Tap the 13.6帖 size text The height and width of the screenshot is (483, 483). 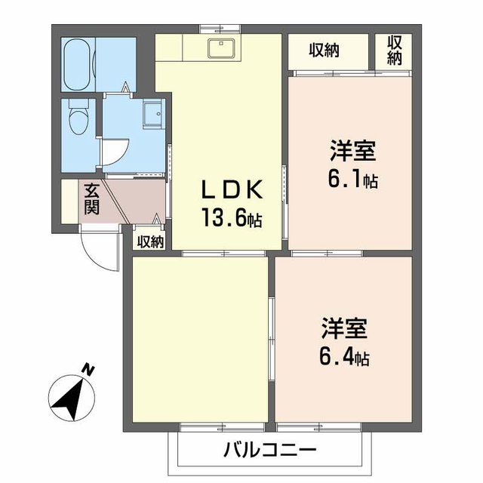pyautogui.click(x=231, y=219)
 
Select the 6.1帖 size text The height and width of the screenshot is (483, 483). pyautogui.click(x=352, y=180)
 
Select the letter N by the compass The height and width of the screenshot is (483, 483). pyautogui.click(x=89, y=370)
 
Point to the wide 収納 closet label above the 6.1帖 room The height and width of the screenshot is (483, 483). pyautogui.click(x=324, y=51)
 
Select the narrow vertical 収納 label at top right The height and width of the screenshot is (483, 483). pyautogui.click(x=395, y=50)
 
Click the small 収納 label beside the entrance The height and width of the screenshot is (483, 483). pyautogui.click(x=151, y=241)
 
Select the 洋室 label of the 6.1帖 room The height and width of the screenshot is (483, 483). pyautogui.click(x=352, y=152)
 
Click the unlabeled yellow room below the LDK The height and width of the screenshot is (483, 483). pyautogui.click(x=200, y=340)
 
